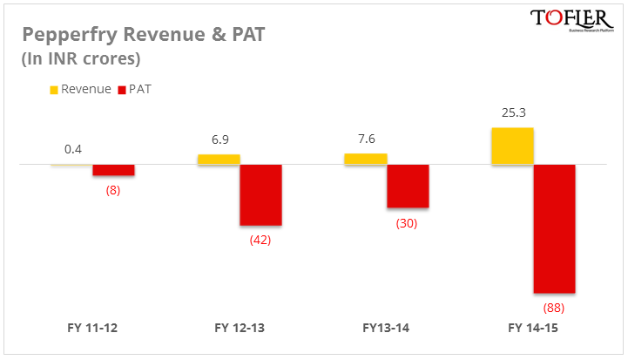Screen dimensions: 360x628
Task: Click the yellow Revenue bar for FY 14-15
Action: click(x=512, y=146)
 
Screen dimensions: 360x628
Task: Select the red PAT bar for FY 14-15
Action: click(x=554, y=228)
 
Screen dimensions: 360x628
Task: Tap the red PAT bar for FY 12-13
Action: click(x=260, y=195)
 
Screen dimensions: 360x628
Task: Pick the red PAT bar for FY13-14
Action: click(x=408, y=186)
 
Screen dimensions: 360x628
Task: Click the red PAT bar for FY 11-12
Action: click(x=113, y=170)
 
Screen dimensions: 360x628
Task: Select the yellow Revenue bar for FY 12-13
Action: click(x=219, y=160)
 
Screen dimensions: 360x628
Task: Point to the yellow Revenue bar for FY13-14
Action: click(x=366, y=159)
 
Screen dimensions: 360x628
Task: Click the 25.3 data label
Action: click(x=512, y=112)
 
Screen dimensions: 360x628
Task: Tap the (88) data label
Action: click(x=554, y=307)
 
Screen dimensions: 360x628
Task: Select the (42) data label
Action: click(x=260, y=240)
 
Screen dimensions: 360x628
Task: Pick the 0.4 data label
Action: click(x=73, y=149)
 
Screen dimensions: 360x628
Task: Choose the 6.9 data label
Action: click(x=219, y=139)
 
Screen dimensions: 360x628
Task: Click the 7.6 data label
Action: click(x=366, y=139)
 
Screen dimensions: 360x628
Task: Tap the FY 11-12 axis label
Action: click(x=92, y=329)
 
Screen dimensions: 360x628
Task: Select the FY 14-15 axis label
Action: click(x=533, y=329)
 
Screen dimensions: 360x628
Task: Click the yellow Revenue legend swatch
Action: click(x=53, y=90)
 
